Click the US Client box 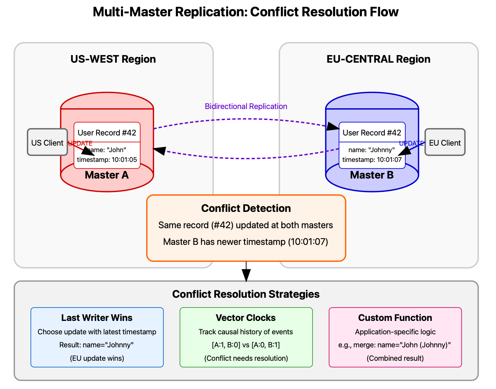(47, 142)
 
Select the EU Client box (445, 142)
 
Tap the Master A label (107, 175)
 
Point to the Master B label (372, 175)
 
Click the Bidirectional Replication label (246, 106)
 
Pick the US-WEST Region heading (113, 59)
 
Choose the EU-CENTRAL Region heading (378, 59)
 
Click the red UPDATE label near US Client (80, 143)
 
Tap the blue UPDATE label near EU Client (411, 143)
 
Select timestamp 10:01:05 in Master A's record (107, 160)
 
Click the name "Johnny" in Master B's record (372, 150)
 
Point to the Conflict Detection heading (246, 208)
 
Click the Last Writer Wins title (97, 318)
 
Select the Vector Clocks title (246, 318)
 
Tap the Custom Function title (395, 318)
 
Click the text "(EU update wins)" (97, 358)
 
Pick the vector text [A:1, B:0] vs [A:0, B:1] (246, 345)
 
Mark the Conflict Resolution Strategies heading (246, 294)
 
